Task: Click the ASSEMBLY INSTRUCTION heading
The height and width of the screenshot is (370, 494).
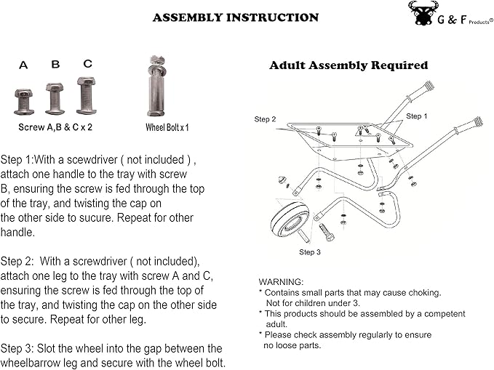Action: tap(236, 17)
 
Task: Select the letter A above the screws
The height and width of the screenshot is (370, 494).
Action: tap(23, 65)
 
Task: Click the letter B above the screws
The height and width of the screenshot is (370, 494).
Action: tap(55, 64)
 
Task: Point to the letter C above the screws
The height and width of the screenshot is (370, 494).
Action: tap(87, 63)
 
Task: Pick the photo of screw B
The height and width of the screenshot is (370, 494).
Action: tap(55, 97)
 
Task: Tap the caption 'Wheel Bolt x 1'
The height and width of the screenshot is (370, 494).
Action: tap(167, 127)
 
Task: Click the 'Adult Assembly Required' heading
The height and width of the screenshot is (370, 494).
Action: tap(348, 65)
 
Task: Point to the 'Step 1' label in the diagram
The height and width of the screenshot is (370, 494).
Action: tap(416, 116)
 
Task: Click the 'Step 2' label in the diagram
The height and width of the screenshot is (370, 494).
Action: tap(265, 118)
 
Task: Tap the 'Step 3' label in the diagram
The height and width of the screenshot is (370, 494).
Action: tap(309, 252)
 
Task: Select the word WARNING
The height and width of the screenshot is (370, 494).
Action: tap(282, 281)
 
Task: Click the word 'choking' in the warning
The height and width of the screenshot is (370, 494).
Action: tap(420, 292)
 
